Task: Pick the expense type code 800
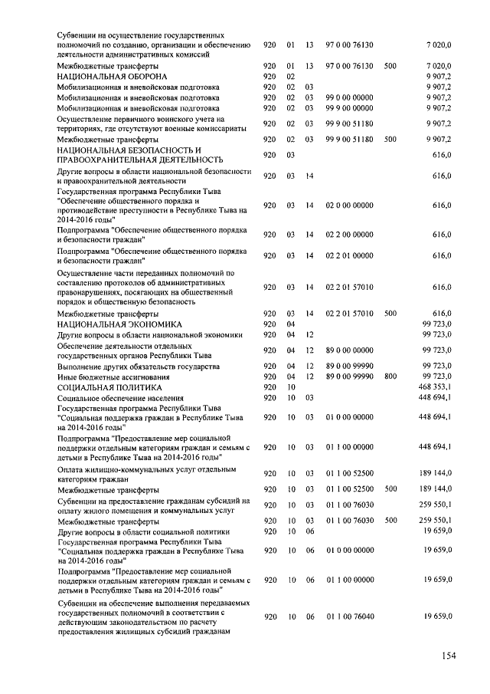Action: click(390, 377)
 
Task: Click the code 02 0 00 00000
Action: click(349, 206)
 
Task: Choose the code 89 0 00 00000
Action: click(349, 350)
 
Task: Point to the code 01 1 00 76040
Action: click(349, 617)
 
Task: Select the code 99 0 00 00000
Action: click(349, 97)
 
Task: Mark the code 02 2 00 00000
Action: click(349, 235)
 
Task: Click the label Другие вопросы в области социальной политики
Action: click(143, 531)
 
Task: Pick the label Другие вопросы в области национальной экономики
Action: click(149, 334)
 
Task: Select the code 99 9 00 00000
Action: click(349, 108)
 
